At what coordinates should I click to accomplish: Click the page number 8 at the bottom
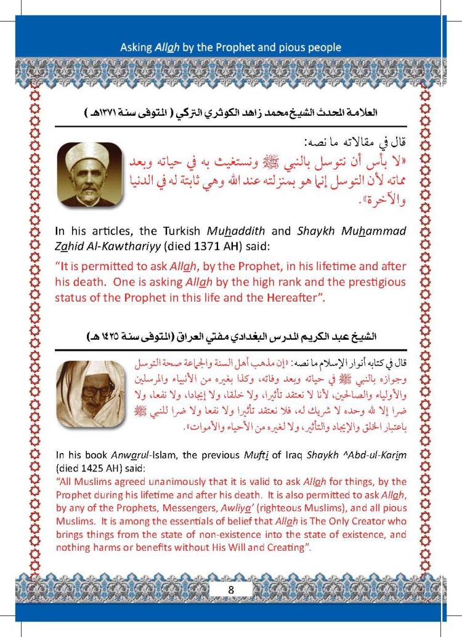tap(230, 588)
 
